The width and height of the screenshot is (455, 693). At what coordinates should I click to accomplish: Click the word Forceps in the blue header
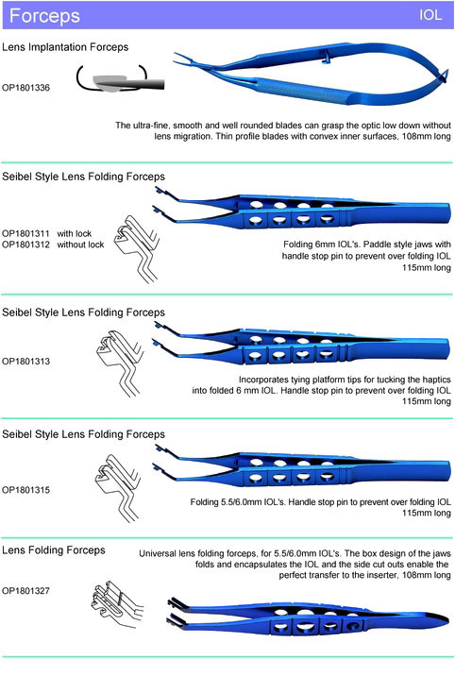coord(44,16)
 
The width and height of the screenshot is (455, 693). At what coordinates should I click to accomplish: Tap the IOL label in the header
coord(430,15)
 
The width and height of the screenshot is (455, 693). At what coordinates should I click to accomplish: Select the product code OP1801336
coord(25,88)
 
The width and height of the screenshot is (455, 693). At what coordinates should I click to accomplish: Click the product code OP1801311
coord(25,233)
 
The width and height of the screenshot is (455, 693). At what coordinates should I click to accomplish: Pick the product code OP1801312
coord(25,245)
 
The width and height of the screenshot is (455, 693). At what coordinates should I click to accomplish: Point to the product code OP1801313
coord(25,361)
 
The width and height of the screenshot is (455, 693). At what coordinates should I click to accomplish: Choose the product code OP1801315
coord(25,490)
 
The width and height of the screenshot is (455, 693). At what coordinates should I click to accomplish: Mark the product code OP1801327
coord(25,590)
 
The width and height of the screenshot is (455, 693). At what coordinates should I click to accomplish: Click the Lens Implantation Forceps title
coord(65,47)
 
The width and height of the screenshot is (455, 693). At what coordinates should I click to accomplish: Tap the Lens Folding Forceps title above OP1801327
coord(54,550)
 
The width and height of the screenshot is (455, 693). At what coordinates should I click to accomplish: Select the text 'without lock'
coord(80,245)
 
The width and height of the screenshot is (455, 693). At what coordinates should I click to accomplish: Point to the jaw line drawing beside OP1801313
coord(119,363)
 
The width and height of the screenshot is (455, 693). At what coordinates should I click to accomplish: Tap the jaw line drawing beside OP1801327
coord(117,604)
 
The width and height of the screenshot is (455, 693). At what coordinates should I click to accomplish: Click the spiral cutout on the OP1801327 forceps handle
coord(352,626)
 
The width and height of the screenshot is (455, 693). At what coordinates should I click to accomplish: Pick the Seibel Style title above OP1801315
coord(83,434)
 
